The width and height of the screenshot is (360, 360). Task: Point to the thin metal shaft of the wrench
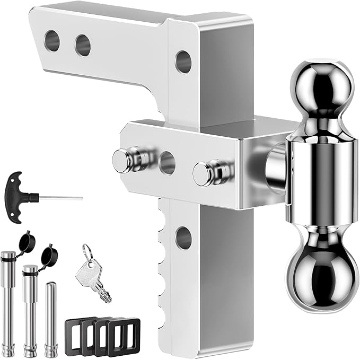61,198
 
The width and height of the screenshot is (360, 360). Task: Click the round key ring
87,252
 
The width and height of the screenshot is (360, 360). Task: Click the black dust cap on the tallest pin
27,242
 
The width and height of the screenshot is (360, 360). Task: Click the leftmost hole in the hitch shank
52,41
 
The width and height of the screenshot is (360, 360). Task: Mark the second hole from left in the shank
82,46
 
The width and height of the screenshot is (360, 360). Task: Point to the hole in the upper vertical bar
183,62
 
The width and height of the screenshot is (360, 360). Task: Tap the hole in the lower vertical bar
183,238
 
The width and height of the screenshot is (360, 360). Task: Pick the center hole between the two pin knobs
166,163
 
